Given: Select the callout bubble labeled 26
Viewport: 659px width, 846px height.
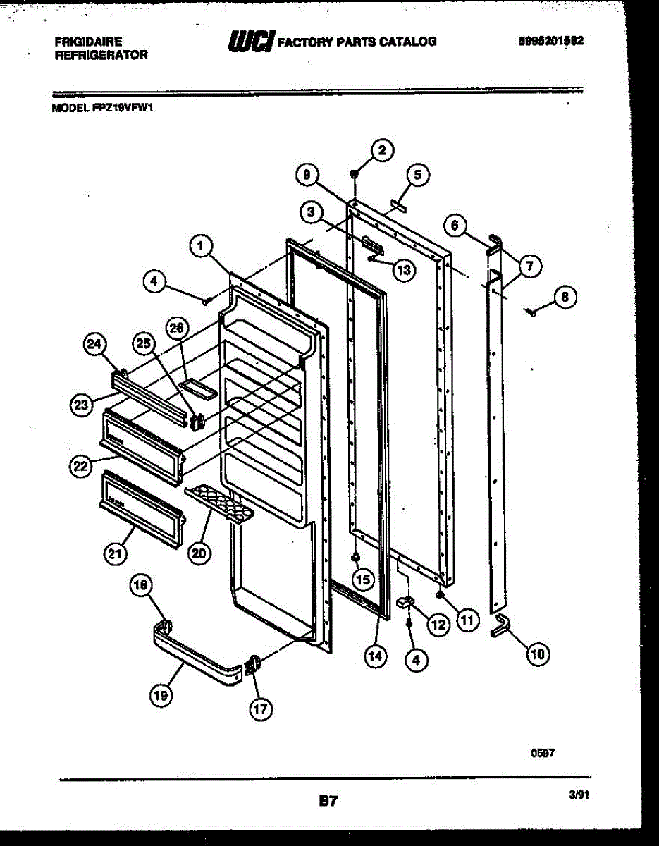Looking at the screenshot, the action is tap(178, 328).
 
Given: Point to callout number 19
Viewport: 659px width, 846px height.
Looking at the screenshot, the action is tap(160, 695).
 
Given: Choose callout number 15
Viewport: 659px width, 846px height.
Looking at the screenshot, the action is tap(362, 580).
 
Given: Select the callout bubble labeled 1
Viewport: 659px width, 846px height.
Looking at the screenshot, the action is tap(201, 245).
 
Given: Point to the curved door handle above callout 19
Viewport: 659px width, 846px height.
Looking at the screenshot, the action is tap(201, 650).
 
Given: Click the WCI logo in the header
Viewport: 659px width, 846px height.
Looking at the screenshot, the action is tap(250, 42).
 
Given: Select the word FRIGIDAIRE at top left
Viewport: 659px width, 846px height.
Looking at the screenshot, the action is tap(88, 42).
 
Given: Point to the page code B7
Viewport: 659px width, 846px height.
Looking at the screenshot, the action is tap(328, 801).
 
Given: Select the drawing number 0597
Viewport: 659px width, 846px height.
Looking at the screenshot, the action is tap(543, 753).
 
